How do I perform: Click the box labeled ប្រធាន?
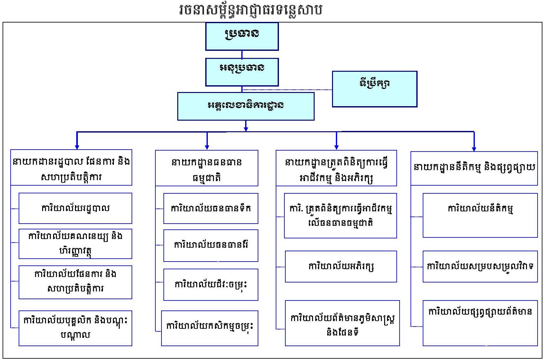point(242,36)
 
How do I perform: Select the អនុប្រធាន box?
point(242,72)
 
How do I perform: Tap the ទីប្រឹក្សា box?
point(374,89)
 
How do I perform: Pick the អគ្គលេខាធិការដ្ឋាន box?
point(246,106)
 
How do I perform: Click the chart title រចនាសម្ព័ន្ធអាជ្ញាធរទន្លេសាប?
point(251,10)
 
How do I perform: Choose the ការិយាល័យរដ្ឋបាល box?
point(75,208)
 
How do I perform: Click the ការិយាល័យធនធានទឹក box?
point(211,208)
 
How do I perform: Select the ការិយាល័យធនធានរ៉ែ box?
point(211,245)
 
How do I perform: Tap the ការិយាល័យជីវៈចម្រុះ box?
point(211,285)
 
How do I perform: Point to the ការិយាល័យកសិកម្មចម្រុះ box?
point(210,328)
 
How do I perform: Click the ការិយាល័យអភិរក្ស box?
point(341,266)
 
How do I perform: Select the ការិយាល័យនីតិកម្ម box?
point(480,215)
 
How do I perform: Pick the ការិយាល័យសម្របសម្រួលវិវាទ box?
point(480,266)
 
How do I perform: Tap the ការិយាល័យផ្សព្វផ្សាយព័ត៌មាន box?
point(480,323)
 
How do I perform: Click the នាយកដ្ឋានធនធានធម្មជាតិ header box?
point(207,168)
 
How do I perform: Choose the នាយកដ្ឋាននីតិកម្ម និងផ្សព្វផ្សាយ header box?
point(474,168)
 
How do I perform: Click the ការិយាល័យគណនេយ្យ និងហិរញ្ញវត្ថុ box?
point(75,244)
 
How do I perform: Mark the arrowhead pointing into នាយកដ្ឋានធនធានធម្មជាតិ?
point(207,147)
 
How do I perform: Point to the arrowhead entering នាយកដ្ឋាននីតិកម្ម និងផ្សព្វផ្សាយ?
point(474,149)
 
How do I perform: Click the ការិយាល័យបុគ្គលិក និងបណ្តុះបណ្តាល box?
point(75,328)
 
